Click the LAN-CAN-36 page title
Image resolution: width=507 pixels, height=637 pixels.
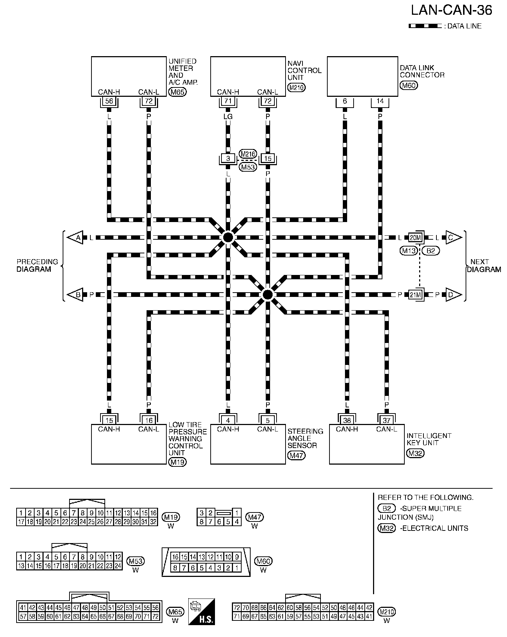[x=452, y=11]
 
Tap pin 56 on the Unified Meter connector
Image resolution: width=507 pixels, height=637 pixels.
[x=109, y=101]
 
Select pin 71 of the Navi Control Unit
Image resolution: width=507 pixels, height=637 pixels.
[x=228, y=101]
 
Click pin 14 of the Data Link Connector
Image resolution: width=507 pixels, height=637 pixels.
[x=380, y=101]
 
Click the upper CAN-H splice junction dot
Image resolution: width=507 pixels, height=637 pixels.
[x=228, y=238]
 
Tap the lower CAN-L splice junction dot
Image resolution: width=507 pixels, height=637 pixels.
[x=267, y=295]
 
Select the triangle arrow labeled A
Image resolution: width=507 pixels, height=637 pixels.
[x=76, y=238]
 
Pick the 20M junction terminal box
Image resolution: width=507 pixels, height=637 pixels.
[x=415, y=238]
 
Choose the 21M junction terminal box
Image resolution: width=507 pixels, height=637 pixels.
[x=415, y=295]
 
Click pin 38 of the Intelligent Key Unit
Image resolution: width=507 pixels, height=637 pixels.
[x=347, y=420]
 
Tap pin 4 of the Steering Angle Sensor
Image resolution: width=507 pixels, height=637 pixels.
[x=228, y=420]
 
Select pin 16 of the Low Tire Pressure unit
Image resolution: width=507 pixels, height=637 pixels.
[x=149, y=420]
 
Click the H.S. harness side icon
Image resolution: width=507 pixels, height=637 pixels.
[x=202, y=611]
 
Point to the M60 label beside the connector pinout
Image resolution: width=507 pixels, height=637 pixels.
[x=263, y=561]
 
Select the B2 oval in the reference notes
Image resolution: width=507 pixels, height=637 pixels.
[x=386, y=509]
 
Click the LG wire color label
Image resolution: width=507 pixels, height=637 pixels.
[x=228, y=117]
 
